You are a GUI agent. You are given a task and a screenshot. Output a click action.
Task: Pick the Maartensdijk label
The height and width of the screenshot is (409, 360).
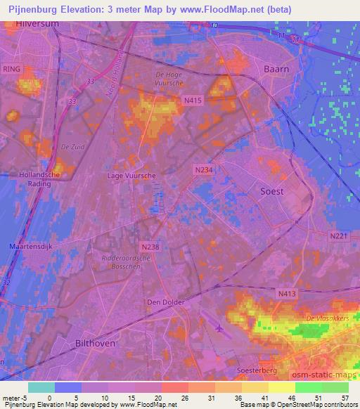[31, 245]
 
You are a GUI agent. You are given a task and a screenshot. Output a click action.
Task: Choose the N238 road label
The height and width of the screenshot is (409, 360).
[150, 247]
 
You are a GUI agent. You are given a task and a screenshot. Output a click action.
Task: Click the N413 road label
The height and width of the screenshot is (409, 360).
[286, 293]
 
